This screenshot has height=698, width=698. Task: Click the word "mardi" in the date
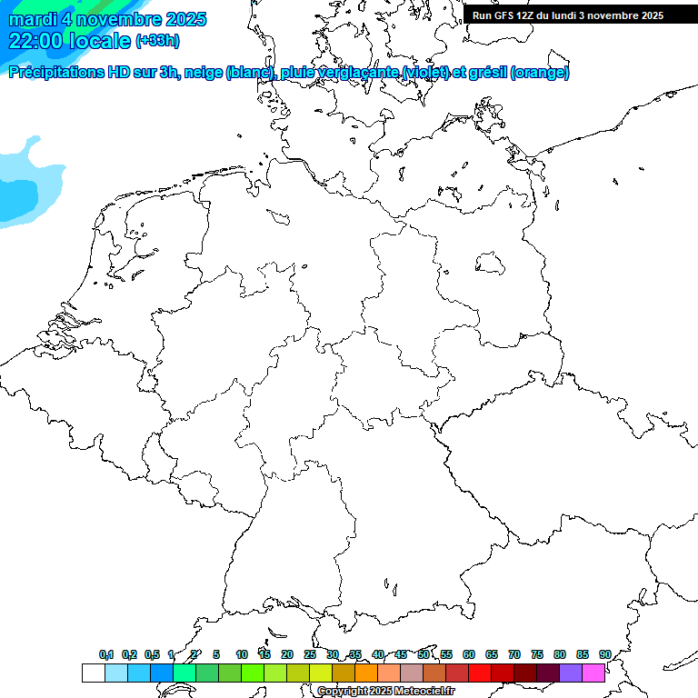(x=33, y=19)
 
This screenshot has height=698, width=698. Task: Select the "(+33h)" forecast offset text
(x=156, y=41)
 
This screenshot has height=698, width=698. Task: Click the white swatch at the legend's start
(x=93, y=673)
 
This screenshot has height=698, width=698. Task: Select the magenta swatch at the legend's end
(x=593, y=673)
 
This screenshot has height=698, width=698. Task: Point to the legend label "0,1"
(x=106, y=655)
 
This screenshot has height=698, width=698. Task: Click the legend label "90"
(x=604, y=655)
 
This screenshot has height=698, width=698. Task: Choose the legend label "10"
(x=242, y=655)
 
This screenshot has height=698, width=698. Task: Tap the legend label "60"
(x=469, y=655)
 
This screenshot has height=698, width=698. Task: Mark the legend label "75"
(x=537, y=655)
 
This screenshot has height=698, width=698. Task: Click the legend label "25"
(x=310, y=655)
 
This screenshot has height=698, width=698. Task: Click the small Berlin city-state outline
(x=491, y=264)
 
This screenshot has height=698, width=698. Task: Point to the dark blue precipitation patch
(x=15, y=196)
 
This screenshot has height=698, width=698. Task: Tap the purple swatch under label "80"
(x=570, y=673)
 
